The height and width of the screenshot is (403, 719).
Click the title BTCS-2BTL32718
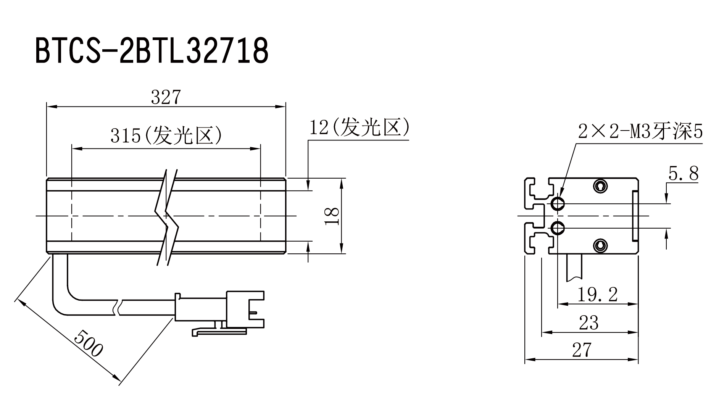(152, 51)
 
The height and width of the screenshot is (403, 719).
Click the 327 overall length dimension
(165, 97)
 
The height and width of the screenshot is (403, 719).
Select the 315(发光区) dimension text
(166, 135)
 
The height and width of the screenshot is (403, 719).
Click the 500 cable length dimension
(88, 343)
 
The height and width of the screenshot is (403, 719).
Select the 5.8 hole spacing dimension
(683, 174)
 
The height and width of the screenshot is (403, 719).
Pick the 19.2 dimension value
(597, 294)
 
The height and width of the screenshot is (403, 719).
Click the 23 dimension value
(588, 322)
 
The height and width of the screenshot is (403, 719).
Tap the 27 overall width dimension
(582, 350)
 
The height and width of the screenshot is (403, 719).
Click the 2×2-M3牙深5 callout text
(640, 132)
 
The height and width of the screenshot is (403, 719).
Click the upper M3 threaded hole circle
(558, 203)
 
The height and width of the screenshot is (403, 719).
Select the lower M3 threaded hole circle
(558, 228)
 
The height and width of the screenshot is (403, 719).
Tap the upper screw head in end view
(601, 186)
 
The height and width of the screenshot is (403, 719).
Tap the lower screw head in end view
(601, 245)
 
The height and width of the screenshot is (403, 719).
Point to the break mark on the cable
(119, 308)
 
